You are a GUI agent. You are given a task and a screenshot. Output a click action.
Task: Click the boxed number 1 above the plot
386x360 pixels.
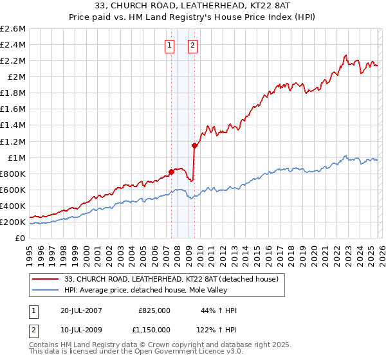click(x=170, y=45)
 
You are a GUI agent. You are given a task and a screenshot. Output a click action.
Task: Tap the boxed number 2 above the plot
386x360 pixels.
click(x=192, y=45)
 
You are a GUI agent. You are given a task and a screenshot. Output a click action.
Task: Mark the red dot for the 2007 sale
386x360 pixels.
click(x=171, y=172)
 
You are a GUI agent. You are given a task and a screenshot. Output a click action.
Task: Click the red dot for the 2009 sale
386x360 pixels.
click(x=194, y=145)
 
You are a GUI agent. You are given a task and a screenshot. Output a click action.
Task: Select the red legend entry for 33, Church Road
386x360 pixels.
click(x=171, y=279)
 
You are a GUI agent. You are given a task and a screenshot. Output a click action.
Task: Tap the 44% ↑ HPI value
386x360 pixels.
click(x=219, y=310)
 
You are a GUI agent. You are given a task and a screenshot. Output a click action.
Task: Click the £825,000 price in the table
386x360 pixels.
click(x=154, y=310)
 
